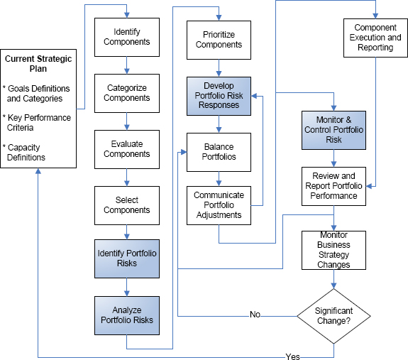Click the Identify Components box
pyautogui.click(x=127, y=37)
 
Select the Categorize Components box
pyautogui.click(x=127, y=93)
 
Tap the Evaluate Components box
pyautogui.click(x=127, y=149)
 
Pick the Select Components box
pyautogui.click(x=127, y=205)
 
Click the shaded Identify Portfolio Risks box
pyautogui.click(x=127, y=258)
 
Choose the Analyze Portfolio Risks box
pyautogui.click(x=127, y=315)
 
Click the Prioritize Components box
pyautogui.click(x=219, y=40)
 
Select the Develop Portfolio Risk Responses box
pyautogui.click(x=219, y=96)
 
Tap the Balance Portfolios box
pyautogui.click(x=219, y=152)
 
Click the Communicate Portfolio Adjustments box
pyautogui.click(x=219, y=205)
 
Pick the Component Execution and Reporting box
pyautogui.click(x=375, y=38)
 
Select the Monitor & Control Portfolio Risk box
pyautogui.click(x=333, y=130)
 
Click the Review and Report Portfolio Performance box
pyautogui.click(x=333, y=186)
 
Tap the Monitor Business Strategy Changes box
pyautogui.click(x=333, y=250)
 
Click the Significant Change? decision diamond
pyautogui.click(x=333, y=316)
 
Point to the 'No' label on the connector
pyautogui.click(x=255, y=315)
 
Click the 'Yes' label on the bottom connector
pyautogui.click(x=293, y=356)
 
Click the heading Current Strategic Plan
pyautogui.click(x=38, y=64)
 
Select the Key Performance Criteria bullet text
pyautogui.click(x=37, y=123)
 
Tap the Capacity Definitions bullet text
pyautogui.click(x=24, y=152)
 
